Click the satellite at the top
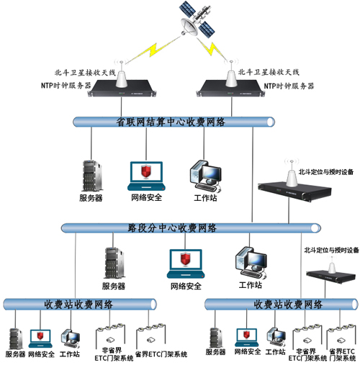[x=197, y=22]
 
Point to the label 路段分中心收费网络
[x=172, y=228]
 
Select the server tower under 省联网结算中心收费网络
[x=90, y=173]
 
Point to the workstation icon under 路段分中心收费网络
[x=252, y=263]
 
